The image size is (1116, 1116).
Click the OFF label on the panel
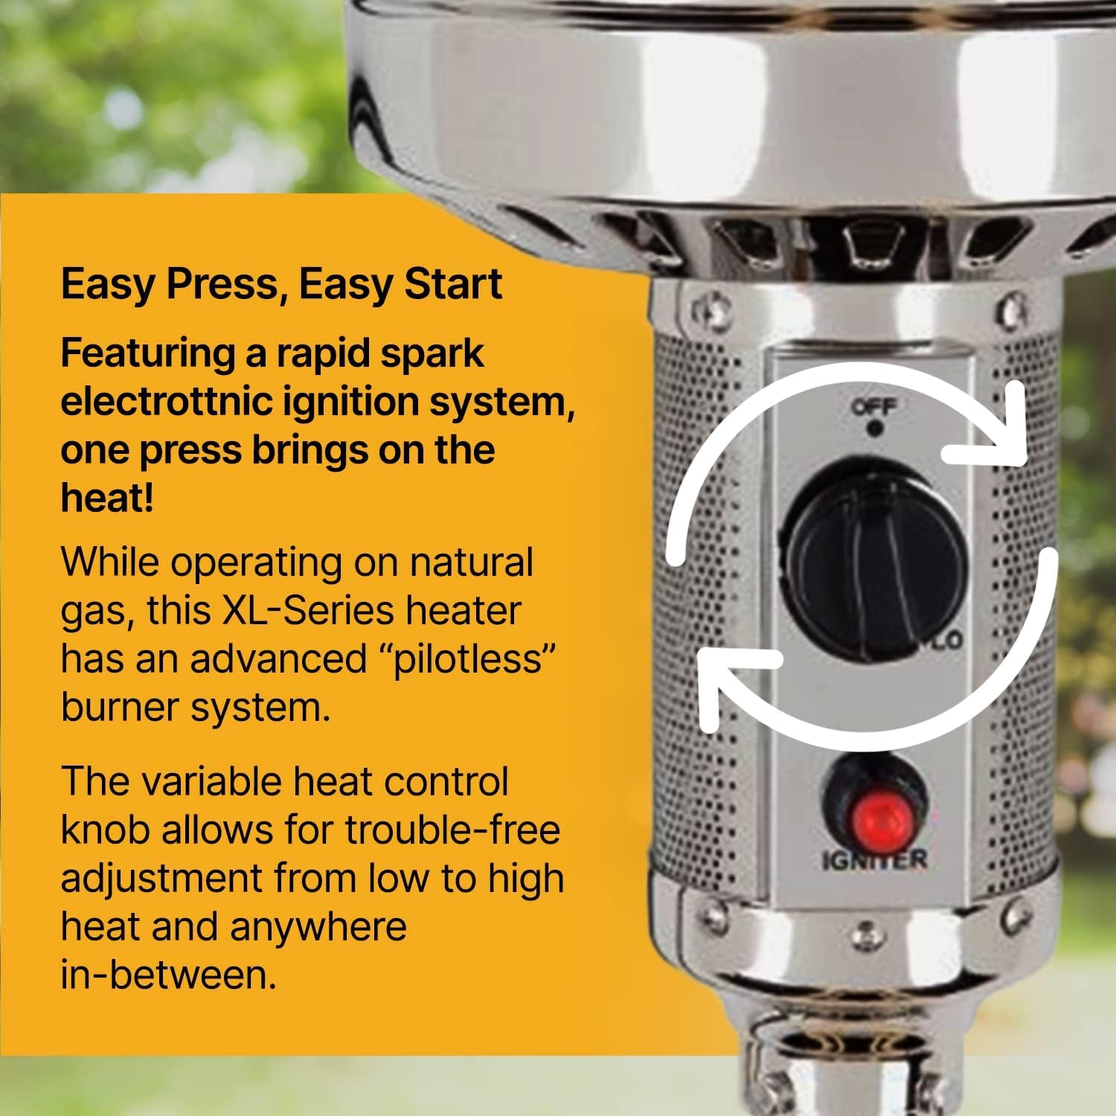click(874, 406)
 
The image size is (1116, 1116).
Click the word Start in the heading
click(452, 285)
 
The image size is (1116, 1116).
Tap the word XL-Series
click(307, 611)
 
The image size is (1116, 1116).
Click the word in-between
click(168, 975)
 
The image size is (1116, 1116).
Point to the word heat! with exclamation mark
click(107, 498)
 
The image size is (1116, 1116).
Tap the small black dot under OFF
click(875, 429)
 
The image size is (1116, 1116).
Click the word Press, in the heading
click(227, 285)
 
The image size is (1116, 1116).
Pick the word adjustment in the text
click(161, 878)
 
